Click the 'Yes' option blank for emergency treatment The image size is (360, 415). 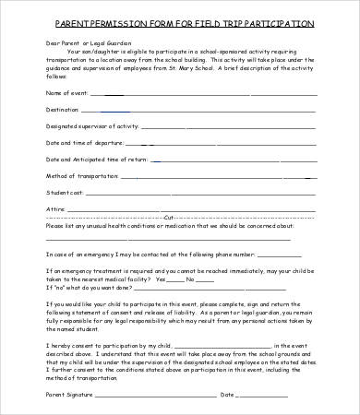click(178, 279)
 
